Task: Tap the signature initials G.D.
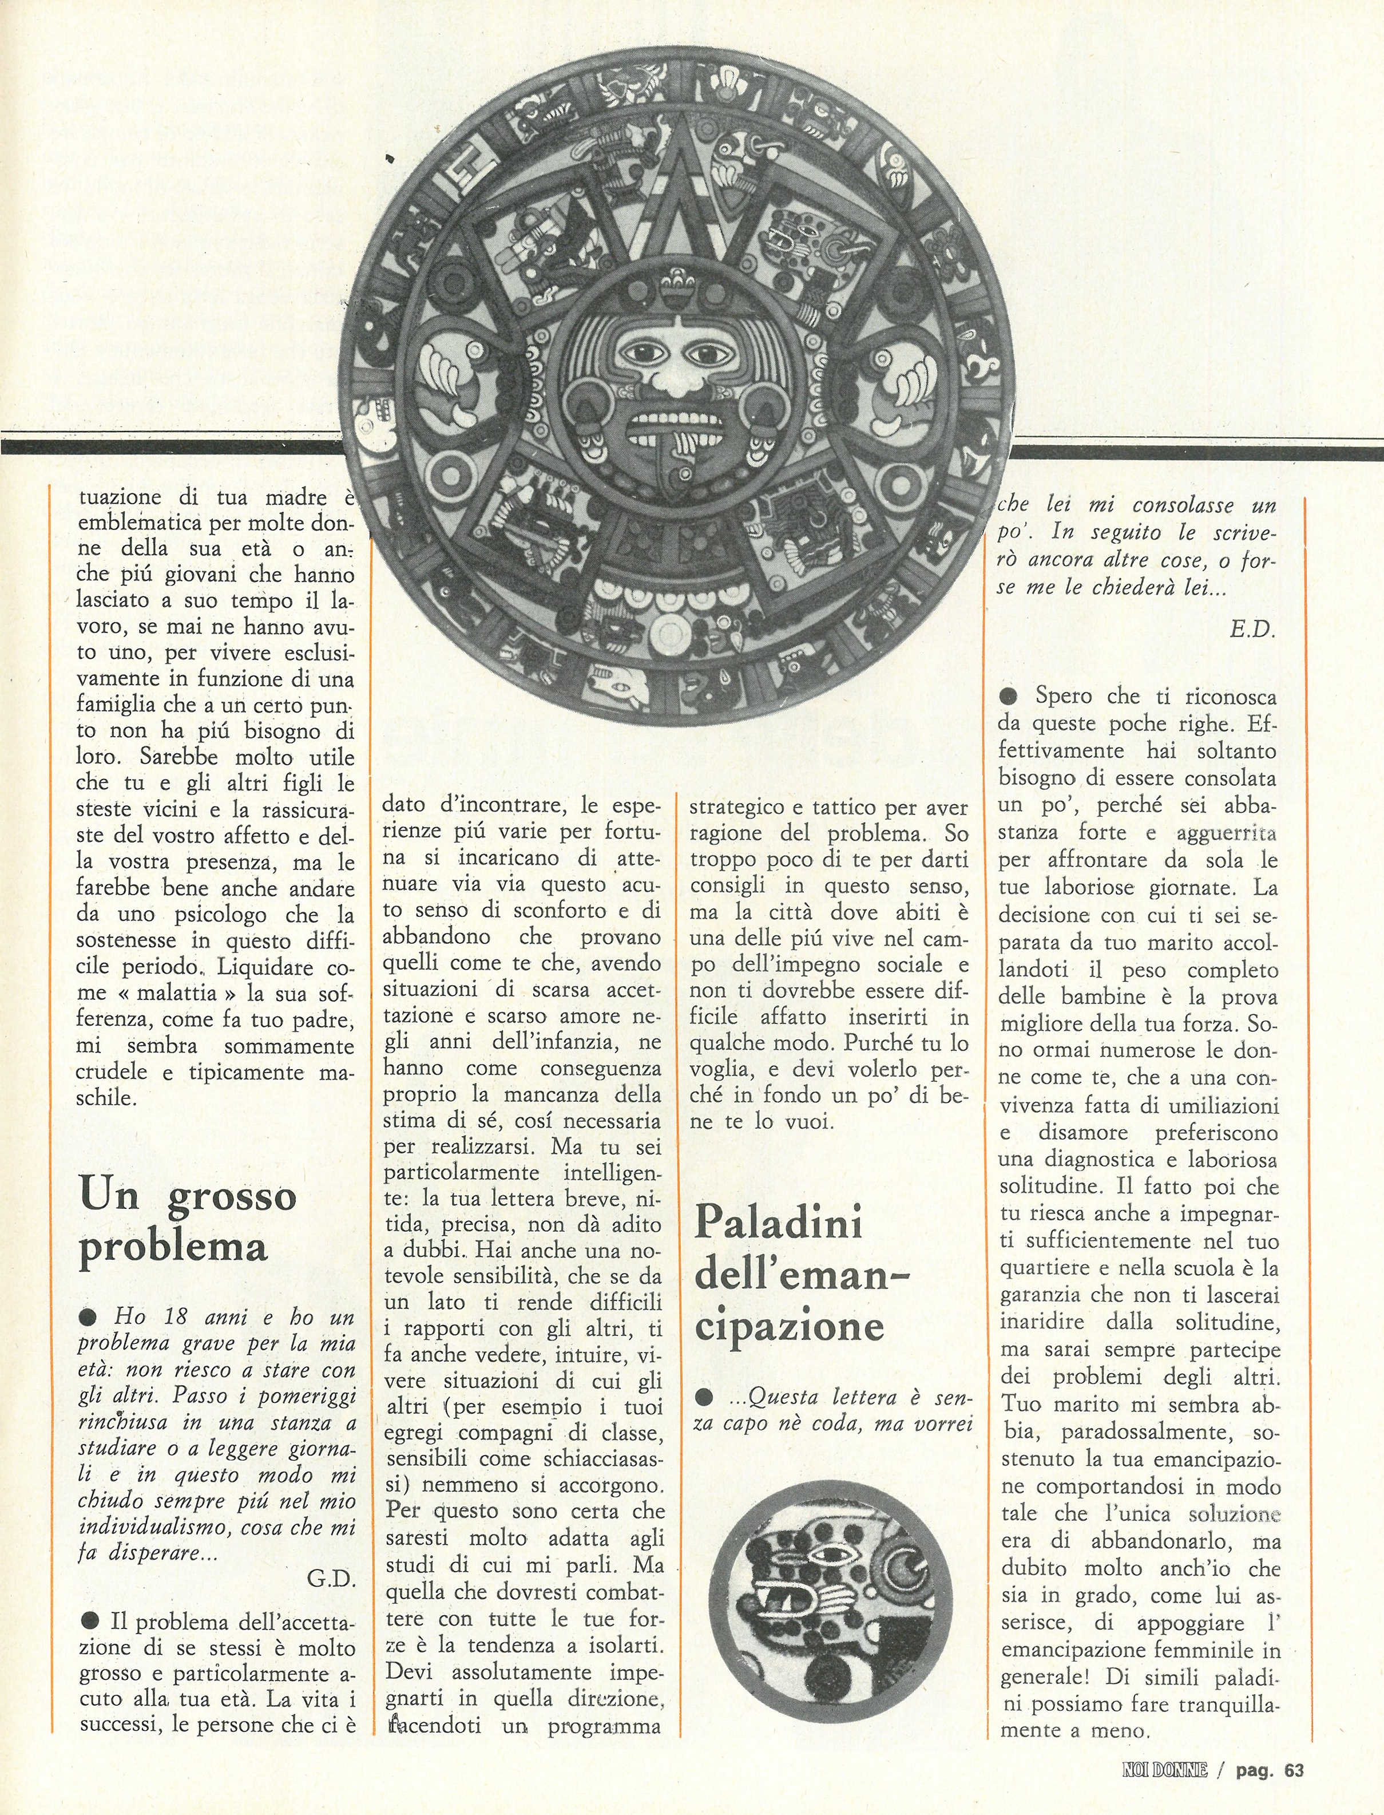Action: (330, 1579)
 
